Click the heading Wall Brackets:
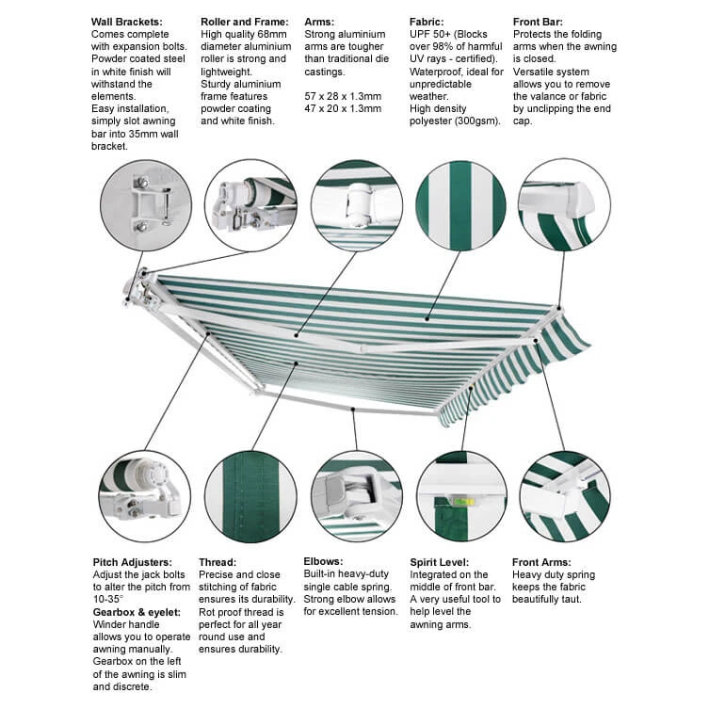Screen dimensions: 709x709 127,21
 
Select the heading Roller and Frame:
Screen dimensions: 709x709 243,21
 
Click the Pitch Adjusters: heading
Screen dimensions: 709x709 132,562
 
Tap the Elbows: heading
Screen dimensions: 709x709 323,561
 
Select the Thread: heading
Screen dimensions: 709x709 218,562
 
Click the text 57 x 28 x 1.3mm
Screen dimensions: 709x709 344,96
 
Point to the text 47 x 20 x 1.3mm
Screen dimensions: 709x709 344,108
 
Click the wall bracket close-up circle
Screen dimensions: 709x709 146,205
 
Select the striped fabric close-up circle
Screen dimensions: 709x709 460,205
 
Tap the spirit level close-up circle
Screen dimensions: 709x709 461,497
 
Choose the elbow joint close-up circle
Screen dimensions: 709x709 357,495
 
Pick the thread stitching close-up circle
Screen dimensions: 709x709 250,496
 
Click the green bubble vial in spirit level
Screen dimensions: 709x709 462,502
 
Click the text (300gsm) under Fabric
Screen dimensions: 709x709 475,121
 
